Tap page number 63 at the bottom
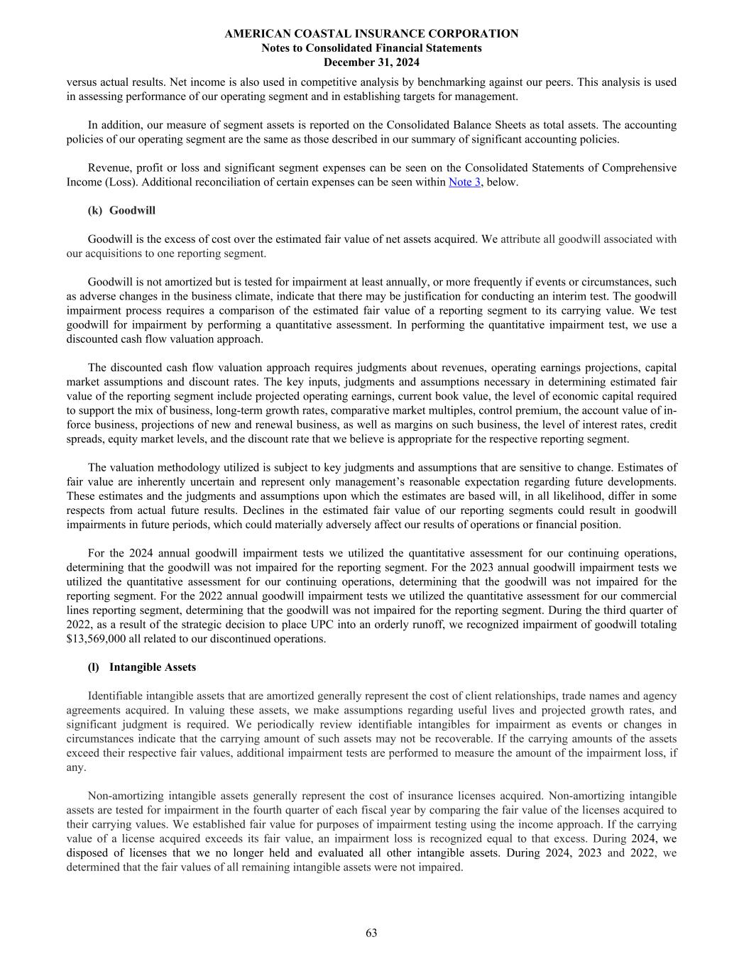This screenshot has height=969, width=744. [x=371, y=933]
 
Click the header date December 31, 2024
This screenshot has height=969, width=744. [x=371, y=62]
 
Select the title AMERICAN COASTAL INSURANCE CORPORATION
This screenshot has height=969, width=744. [x=371, y=33]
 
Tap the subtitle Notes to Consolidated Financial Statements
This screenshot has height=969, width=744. [x=371, y=48]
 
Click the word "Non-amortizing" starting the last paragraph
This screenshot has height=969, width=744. [x=124, y=796]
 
